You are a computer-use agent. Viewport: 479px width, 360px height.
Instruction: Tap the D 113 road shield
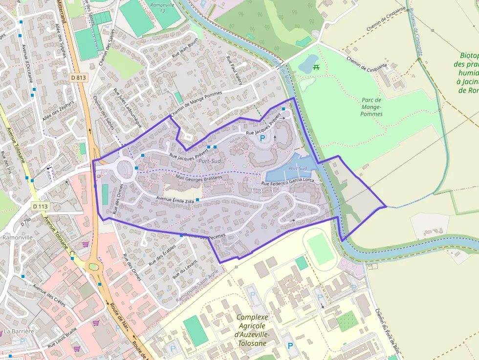click(41, 207)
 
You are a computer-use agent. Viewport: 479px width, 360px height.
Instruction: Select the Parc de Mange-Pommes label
click(371, 106)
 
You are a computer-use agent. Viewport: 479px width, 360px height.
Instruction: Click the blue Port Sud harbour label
click(297, 169)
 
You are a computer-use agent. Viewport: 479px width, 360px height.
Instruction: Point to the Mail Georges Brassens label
click(195, 176)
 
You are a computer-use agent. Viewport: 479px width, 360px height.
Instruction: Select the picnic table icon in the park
click(316, 67)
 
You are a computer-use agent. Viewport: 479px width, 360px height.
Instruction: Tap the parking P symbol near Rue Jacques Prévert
click(262, 139)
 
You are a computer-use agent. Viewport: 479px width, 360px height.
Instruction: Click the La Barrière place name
click(19, 331)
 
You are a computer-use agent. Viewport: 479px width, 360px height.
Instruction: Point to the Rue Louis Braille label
click(62, 338)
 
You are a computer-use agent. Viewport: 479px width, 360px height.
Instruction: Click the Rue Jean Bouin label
click(184, 52)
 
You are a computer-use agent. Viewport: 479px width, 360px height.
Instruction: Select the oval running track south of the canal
click(320, 248)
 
